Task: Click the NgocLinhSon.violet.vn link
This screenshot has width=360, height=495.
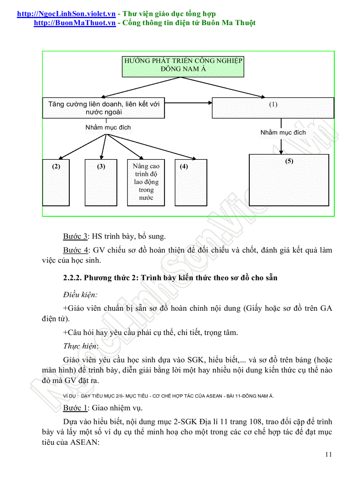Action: click(x=66, y=14)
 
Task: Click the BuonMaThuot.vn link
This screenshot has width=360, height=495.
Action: click(x=75, y=23)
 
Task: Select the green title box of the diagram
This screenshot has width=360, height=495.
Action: click(x=183, y=66)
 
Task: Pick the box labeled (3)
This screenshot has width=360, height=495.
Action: click(x=101, y=182)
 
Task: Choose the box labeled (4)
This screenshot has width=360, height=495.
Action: click(x=191, y=182)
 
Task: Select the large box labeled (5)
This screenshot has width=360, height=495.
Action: click(x=289, y=180)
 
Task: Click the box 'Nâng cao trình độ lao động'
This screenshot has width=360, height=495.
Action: click(x=146, y=182)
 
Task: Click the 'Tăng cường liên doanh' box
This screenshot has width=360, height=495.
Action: click(x=104, y=108)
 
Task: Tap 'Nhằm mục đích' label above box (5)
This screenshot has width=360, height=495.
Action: click(x=283, y=132)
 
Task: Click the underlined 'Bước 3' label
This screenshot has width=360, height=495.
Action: click(x=75, y=236)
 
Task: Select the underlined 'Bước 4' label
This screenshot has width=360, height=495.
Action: click(x=75, y=250)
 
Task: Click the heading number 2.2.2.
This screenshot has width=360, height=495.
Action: click(x=72, y=278)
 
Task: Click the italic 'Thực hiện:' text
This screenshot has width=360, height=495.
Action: click(x=81, y=346)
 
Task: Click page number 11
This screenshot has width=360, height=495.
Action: click(x=328, y=454)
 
